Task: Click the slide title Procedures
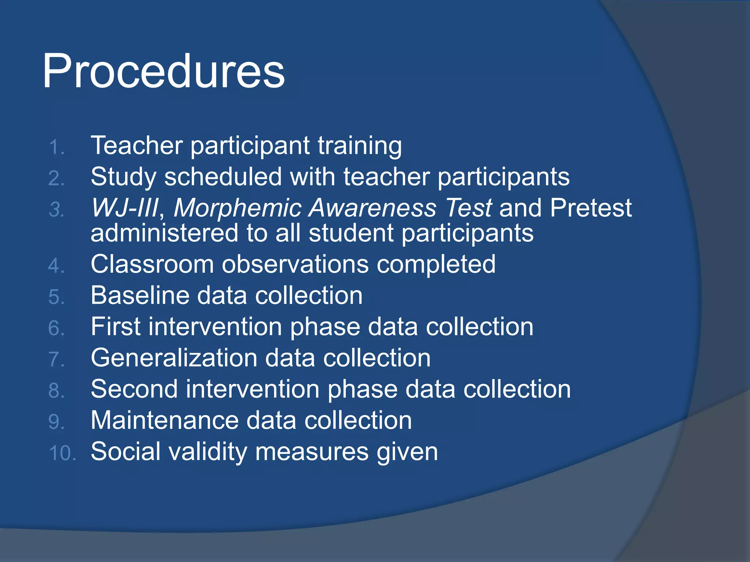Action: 163,71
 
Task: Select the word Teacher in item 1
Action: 137,145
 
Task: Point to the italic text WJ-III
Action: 125,208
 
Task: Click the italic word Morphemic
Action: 237,208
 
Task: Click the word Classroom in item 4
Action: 152,264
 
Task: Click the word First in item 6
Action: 115,326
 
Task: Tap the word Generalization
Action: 174,358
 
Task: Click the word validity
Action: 208,451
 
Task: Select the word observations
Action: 295,264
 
